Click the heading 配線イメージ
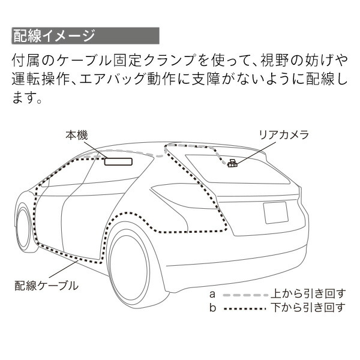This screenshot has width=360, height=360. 53,35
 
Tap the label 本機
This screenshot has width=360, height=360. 77,136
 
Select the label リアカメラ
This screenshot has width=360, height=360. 283,134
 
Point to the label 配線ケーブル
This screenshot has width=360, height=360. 46,285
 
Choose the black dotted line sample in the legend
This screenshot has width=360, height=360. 244,308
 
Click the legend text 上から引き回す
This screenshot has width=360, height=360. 308,294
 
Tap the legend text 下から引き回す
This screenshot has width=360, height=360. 308,308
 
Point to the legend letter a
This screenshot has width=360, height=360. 212,295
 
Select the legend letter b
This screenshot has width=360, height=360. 212,308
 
